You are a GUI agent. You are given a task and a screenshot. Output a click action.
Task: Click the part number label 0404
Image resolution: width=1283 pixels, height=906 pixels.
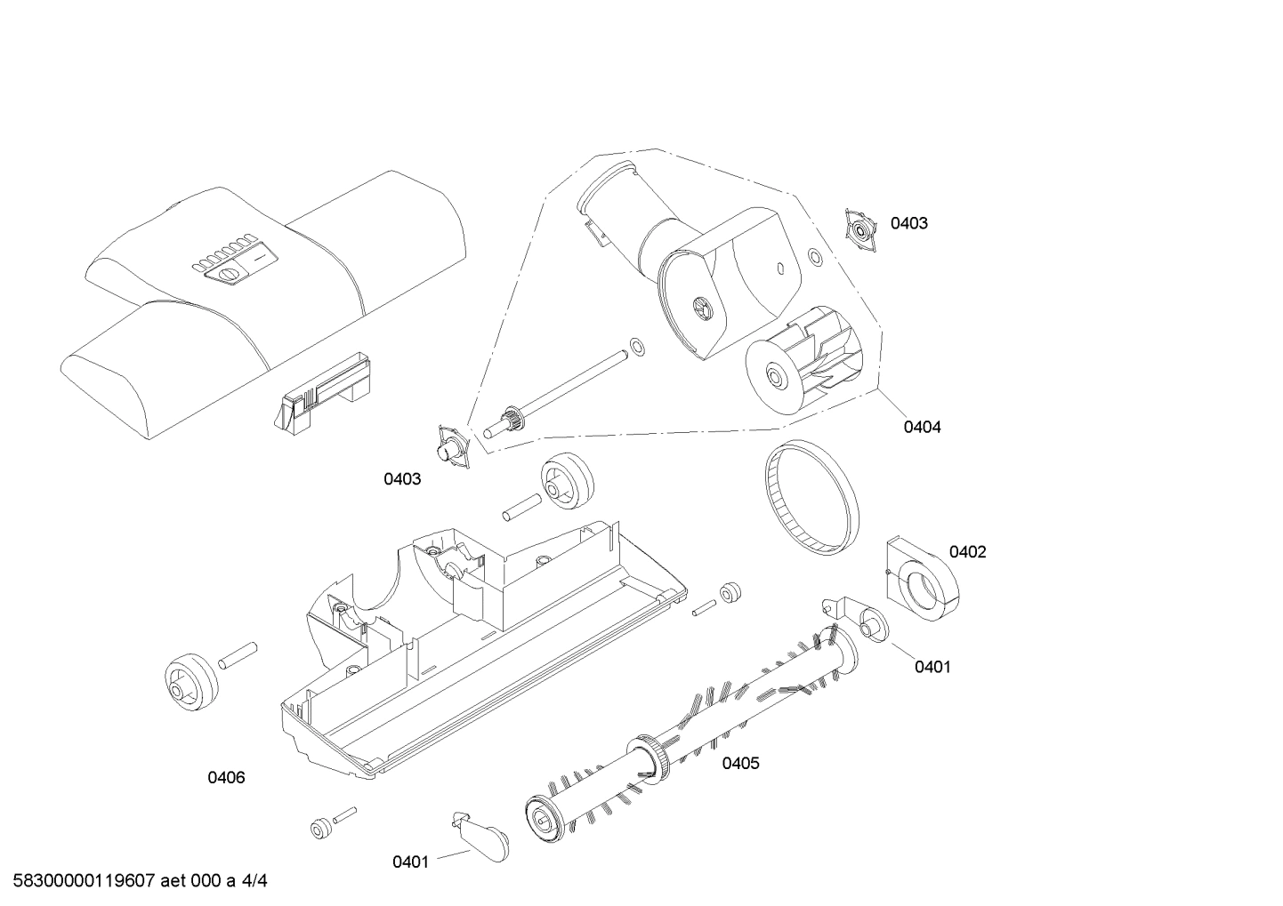(922, 427)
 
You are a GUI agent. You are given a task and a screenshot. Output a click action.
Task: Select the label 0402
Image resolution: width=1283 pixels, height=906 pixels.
(967, 552)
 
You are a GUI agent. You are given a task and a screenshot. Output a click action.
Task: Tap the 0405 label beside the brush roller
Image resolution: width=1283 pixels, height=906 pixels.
(740, 763)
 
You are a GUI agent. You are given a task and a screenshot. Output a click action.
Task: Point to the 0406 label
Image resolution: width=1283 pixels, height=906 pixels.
(226, 778)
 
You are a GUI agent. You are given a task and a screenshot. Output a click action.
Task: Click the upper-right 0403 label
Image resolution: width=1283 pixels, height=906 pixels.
(908, 223)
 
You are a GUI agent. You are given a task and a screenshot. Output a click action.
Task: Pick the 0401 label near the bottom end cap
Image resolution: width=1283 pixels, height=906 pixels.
(410, 862)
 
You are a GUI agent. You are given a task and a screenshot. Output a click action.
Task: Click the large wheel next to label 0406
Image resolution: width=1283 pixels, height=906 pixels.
(191, 680)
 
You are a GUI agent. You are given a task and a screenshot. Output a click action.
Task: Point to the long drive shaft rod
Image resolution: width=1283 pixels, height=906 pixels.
(569, 391)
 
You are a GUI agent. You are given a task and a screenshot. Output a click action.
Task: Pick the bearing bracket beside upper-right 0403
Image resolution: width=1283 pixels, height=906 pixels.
(861, 229)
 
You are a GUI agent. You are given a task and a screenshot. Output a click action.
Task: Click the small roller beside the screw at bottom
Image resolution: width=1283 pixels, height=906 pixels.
(320, 829)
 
